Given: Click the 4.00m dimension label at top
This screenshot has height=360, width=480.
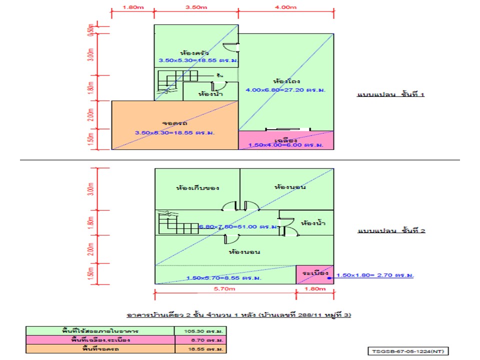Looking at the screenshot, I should coord(285,7).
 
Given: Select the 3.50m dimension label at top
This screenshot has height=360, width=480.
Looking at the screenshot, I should coord(196,7).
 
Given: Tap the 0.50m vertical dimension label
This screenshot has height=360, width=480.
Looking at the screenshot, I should coord(90,29).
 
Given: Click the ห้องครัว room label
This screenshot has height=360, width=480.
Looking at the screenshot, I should coord(194,52).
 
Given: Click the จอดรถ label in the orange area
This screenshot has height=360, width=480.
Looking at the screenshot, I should coord(174,122).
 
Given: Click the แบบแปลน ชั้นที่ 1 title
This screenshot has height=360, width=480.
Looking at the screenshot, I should coord(391,94).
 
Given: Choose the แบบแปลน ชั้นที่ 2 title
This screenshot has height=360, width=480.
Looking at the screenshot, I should coord(391,231).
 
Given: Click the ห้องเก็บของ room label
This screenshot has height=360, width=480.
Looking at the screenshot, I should coord(198,188).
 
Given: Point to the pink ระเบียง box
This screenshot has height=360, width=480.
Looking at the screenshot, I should coord(314,274).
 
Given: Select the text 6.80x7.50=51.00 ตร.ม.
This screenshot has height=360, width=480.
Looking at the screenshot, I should coord(238,226).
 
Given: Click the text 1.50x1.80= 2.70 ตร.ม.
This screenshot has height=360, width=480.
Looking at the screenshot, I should coord(377,275).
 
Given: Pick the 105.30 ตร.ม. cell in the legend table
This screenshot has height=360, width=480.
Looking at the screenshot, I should coord(199,331).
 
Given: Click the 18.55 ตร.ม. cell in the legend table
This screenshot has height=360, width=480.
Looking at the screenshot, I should coord(199,348).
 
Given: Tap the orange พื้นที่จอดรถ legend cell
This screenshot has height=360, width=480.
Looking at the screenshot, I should coord(100,348).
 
